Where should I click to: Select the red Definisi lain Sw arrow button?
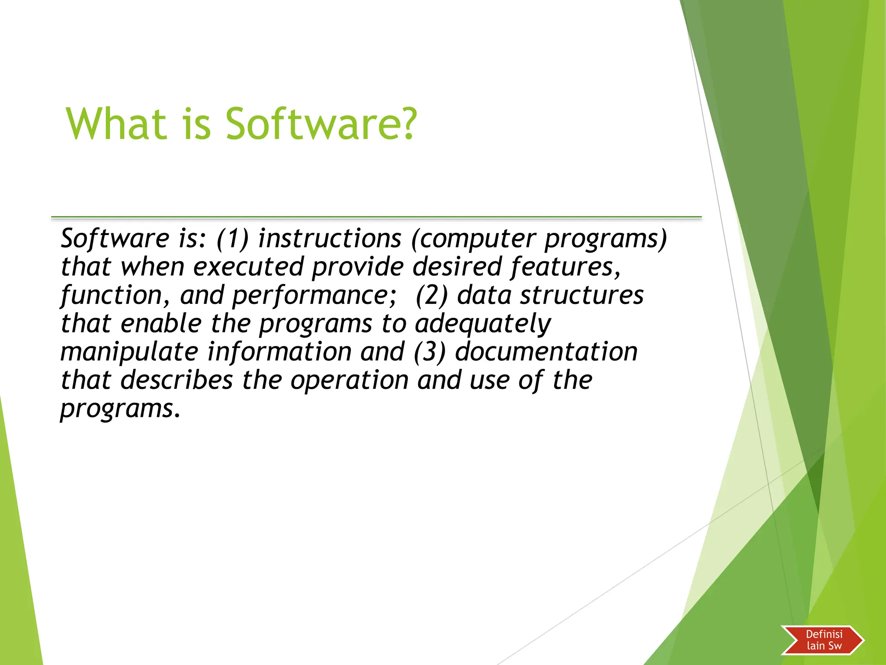pyautogui.click(x=822, y=640)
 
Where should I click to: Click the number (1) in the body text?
pyautogui.click(x=233, y=239)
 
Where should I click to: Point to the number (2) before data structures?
pyautogui.click(x=431, y=295)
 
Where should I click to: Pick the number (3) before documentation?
pyautogui.click(x=429, y=352)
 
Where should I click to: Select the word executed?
pyautogui.click(x=248, y=267)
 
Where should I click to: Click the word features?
pyautogui.click(x=566, y=267)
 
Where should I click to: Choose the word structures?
pyautogui.click(x=581, y=295)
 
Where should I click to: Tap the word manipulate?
pyautogui.click(x=129, y=352)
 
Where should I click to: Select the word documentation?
pyautogui.click(x=546, y=352)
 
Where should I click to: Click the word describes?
pyautogui.click(x=177, y=380)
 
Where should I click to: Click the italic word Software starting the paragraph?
pyautogui.click(x=115, y=239)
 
